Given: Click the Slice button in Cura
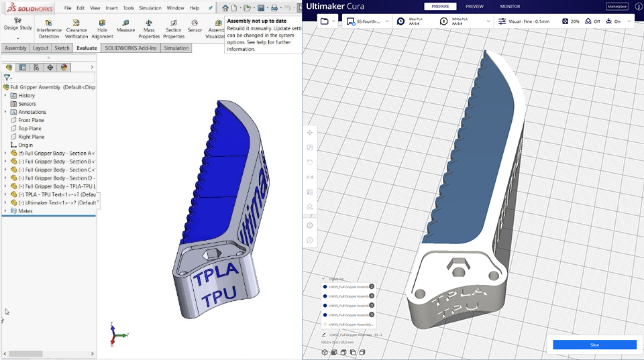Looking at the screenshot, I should point(594,345).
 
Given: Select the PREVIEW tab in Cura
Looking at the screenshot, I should point(474,6).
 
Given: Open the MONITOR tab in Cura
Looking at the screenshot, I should point(510,6).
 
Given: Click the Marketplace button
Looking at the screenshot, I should point(617,6).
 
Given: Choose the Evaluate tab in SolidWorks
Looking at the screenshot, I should point(87,48).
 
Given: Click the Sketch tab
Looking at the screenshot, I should point(62,48).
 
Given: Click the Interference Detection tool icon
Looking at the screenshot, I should point(49,27).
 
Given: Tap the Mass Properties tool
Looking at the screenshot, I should point(149,27).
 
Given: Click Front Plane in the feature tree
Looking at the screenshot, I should point(31,120).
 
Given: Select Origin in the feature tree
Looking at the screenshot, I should point(25,145).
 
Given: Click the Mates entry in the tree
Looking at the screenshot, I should point(25,211).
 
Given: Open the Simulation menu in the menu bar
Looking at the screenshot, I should point(150,8).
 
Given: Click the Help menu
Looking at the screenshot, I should point(195,8).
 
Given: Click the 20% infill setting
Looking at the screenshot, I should point(571,21).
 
